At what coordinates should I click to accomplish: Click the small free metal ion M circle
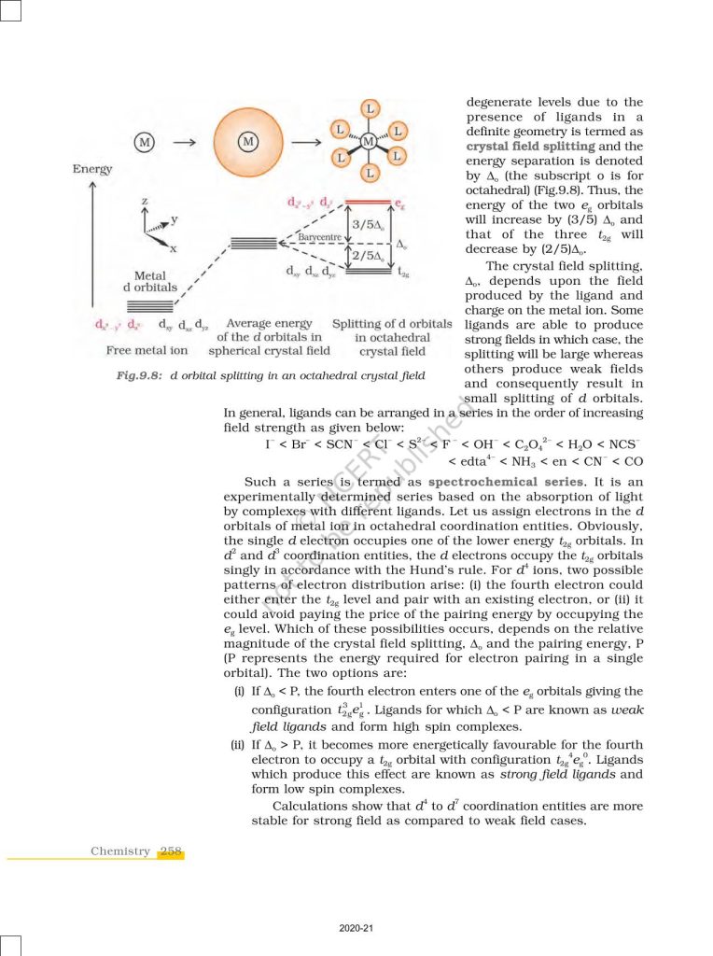(144, 142)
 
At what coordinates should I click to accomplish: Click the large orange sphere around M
(247, 142)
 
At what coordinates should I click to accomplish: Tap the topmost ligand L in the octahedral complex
(370, 108)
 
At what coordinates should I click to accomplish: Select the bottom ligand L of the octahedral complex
(370, 174)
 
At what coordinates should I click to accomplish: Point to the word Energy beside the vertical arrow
(91, 169)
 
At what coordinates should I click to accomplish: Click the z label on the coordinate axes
(145, 202)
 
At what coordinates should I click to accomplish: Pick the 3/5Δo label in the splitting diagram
(368, 224)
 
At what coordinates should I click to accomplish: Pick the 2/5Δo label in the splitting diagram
(368, 255)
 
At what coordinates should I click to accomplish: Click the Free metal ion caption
(147, 351)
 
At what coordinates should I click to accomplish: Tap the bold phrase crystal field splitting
(529, 147)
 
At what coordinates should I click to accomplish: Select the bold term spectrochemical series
(498, 482)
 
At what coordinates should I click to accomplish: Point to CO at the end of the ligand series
(633, 461)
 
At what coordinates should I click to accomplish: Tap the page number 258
(171, 851)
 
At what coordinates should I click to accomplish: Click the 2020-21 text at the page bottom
(356, 928)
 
